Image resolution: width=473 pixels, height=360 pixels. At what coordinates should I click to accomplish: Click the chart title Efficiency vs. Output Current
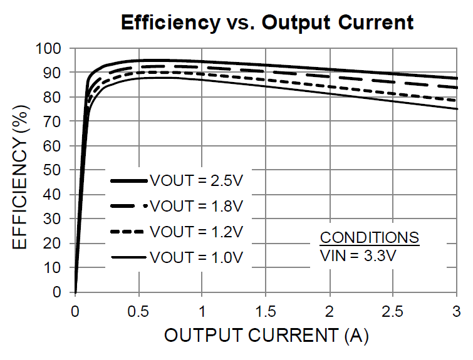[267, 23]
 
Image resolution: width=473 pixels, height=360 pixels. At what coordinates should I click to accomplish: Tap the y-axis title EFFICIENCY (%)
[20, 170]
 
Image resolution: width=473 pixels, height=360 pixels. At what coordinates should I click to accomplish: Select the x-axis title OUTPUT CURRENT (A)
[266, 336]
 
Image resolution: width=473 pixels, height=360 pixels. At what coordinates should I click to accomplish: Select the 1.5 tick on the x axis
[266, 311]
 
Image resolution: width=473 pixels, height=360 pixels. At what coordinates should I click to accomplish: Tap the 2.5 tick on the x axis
[392, 311]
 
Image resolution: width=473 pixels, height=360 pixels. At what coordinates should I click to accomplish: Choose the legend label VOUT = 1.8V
[196, 206]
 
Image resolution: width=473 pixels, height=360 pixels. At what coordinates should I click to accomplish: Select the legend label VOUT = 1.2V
[196, 232]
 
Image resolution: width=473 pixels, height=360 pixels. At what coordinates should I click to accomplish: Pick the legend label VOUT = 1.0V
[196, 257]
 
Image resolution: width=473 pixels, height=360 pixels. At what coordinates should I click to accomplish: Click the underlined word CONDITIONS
[369, 238]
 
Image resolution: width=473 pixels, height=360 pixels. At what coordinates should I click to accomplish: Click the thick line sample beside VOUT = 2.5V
[128, 181]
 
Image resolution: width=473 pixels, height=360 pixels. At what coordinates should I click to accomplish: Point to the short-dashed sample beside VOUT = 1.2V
[128, 232]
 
